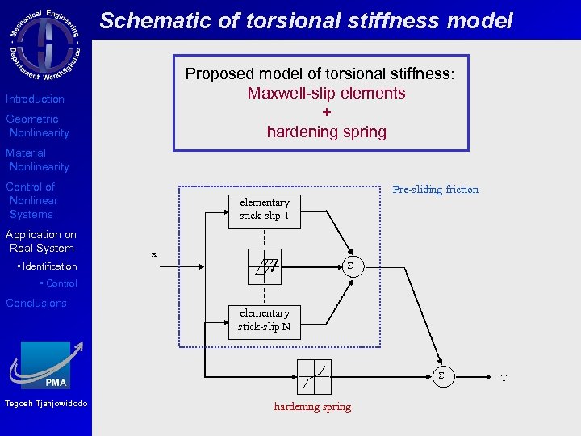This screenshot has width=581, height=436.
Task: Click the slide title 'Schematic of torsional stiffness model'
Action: pyautogui.click(x=306, y=20)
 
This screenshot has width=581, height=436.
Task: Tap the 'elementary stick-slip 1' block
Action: pyautogui.click(x=264, y=209)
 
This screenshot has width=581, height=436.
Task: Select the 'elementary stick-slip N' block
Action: pyautogui.click(x=264, y=321)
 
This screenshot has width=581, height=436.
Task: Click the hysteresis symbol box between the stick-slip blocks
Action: pyautogui.click(x=265, y=266)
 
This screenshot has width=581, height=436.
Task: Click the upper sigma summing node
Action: pyautogui.click(x=349, y=266)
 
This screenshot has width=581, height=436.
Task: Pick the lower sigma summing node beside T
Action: pyautogui.click(x=441, y=375)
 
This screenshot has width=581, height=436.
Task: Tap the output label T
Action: pyautogui.click(x=504, y=378)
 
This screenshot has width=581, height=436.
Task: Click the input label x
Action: pyautogui.click(x=154, y=254)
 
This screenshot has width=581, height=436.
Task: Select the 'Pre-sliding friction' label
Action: pyautogui.click(x=435, y=190)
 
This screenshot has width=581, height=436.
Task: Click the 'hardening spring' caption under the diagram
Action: pyautogui.click(x=312, y=407)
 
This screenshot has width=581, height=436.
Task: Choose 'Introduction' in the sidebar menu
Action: pyautogui.click(x=35, y=99)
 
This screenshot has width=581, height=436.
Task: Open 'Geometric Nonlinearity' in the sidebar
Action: pyautogui.click(x=37, y=126)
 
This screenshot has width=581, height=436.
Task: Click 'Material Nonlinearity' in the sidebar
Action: pyautogui.click(x=37, y=160)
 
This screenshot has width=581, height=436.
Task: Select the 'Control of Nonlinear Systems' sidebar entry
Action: pyautogui.click(x=32, y=200)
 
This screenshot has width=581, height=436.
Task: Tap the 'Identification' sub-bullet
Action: pyautogui.click(x=49, y=266)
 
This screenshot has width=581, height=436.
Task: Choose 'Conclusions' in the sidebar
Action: pyautogui.click(x=36, y=303)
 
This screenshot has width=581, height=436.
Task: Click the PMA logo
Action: pyautogui.click(x=46, y=366)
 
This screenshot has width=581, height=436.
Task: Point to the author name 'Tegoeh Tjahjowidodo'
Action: pyautogui.click(x=46, y=404)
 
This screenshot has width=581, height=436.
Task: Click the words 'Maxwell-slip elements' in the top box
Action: pyautogui.click(x=326, y=93)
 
